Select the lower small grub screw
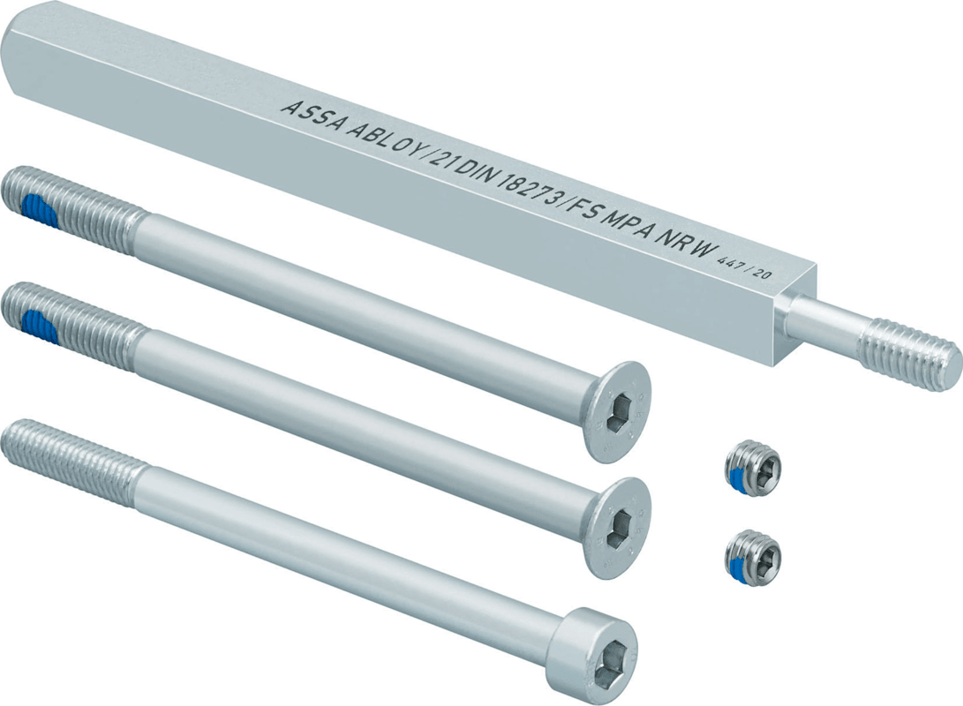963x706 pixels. [753, 552]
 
